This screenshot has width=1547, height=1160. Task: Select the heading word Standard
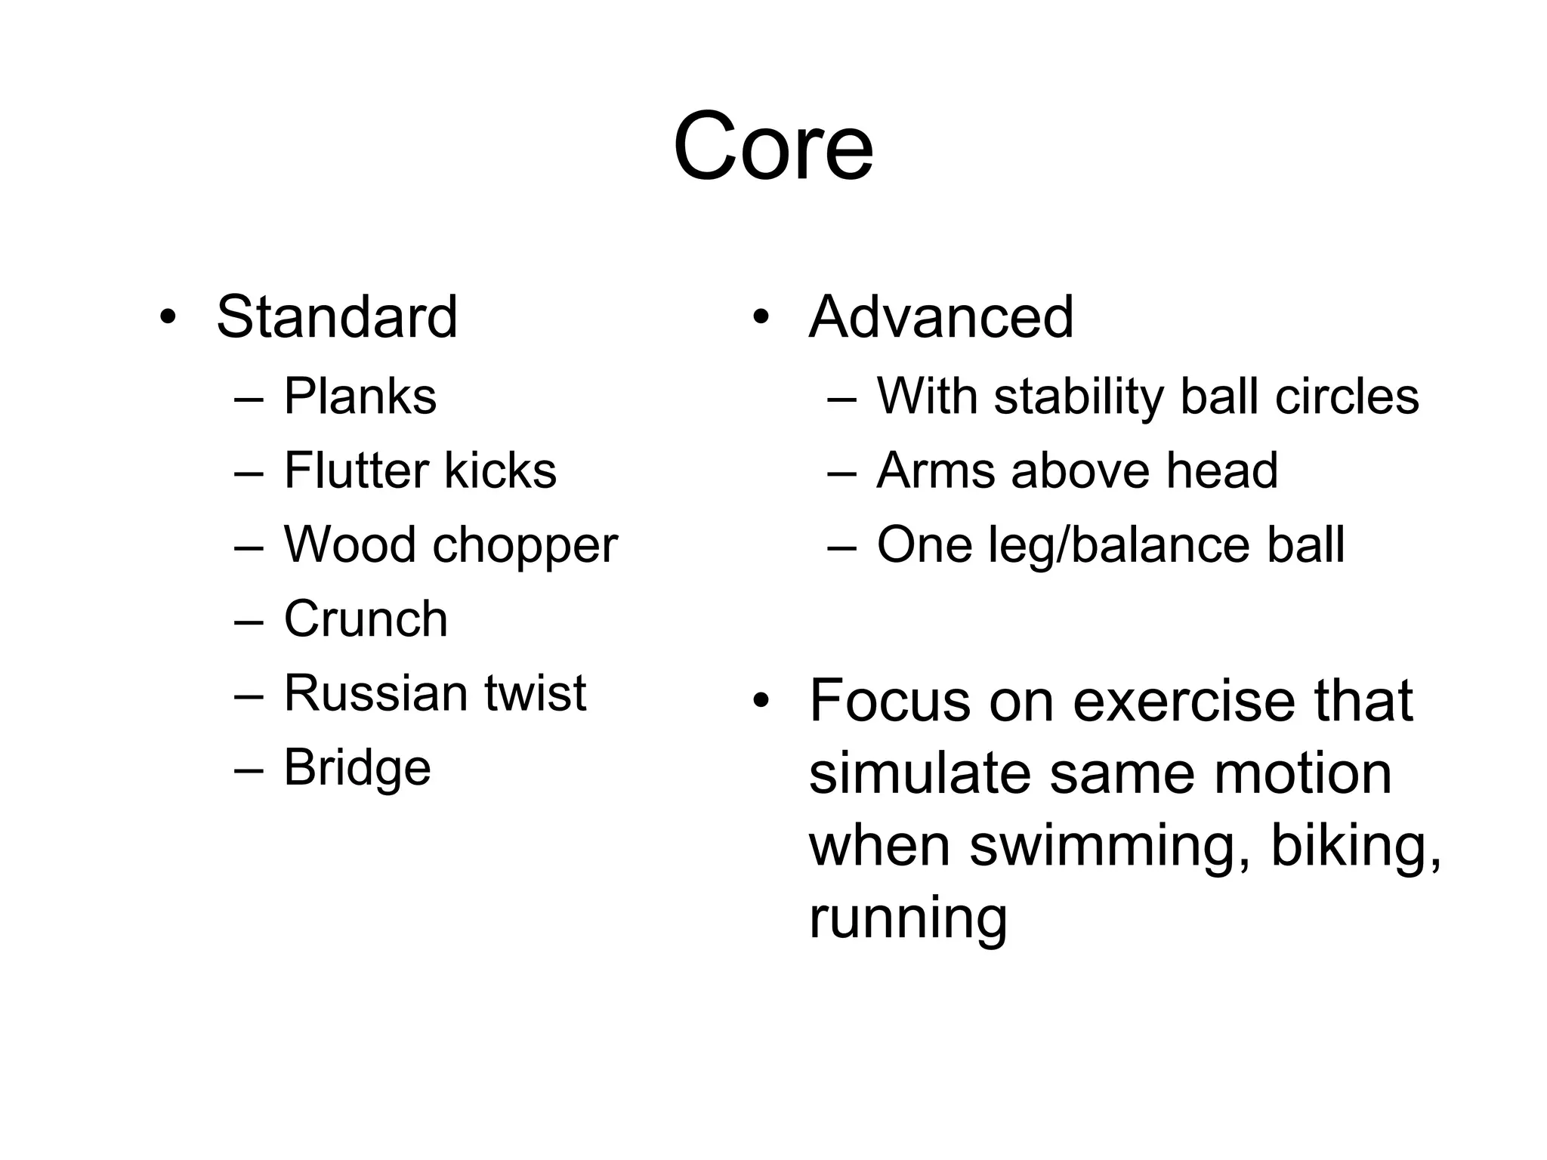click(x=337, y=317)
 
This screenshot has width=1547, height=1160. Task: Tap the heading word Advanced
click(x=941, y=317)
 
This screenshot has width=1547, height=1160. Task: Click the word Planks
click(x=360, y=396)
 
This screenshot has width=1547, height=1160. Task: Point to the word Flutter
click(x=355, y=470)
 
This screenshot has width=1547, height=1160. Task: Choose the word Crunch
click(x=366, y=619)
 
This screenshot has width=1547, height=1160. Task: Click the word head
click(x=1222, y=470)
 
